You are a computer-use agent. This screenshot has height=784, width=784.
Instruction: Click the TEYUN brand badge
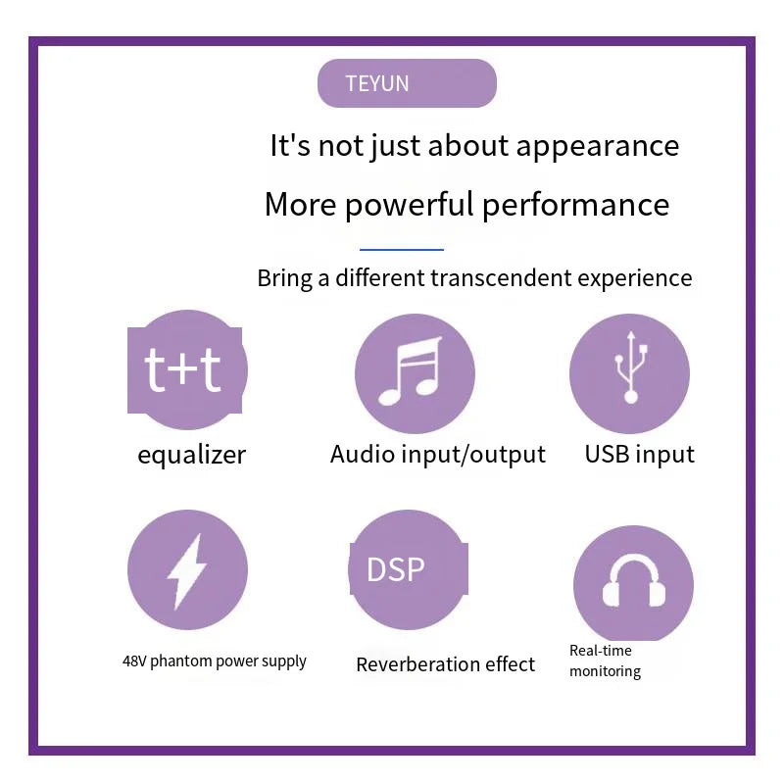pos(407,83)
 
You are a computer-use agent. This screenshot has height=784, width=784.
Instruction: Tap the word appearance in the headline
pos(597,146)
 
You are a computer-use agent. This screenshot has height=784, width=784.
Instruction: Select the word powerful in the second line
pos(410,205)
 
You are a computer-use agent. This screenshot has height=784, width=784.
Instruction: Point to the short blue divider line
pos(402,249)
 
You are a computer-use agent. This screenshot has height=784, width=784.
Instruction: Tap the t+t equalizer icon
pos(187,370)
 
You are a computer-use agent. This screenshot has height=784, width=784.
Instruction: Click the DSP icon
pos(409,569)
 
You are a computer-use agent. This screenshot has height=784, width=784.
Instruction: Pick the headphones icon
pos(633,583)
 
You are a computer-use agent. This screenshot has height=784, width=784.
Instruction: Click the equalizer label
pos(191,456)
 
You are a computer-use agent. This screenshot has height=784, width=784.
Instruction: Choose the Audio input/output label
pos(437,455)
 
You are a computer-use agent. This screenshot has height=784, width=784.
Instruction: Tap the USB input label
pos(640,455)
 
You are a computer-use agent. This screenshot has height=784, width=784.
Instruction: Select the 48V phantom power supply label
pos(214,661)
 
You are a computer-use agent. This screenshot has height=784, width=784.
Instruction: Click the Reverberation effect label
pos(446,664)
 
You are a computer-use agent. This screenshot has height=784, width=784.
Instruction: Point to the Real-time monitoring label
pos(605,661)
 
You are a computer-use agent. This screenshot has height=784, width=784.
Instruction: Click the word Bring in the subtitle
pos(284,278)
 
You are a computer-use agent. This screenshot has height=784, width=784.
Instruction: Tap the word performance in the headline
pos(575,205)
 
